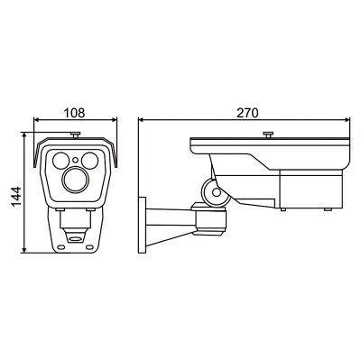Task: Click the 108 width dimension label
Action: pos(75,113)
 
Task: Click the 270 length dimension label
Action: pos(247,113)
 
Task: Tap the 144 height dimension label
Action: pos(16,197)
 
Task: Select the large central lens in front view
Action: pos(75,180)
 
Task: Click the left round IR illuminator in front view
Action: pos(61,161)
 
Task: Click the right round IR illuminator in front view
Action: pos(89,161)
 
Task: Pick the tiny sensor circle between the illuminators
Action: pos(75,160)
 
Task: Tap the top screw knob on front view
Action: pos(75,134)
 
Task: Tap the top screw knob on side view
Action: pos(267,134)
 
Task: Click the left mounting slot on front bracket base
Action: pos(61,247)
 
